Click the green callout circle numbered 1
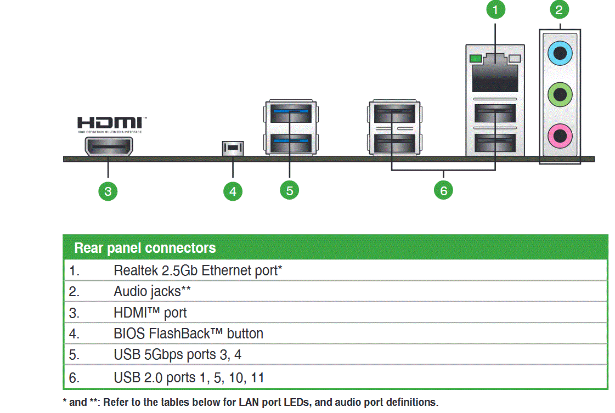495,9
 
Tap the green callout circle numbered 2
559,9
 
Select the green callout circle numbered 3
108,191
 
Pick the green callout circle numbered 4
233,191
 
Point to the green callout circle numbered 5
289,190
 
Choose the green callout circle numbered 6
443,190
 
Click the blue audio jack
560,54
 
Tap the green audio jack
560,94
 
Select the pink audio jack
560,134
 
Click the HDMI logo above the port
112,124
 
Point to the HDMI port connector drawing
109,146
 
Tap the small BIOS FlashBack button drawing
233,148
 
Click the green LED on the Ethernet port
475,58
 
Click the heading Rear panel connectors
145,248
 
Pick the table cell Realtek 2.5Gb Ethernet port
198,270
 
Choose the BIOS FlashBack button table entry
188,333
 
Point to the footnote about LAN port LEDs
251,402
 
